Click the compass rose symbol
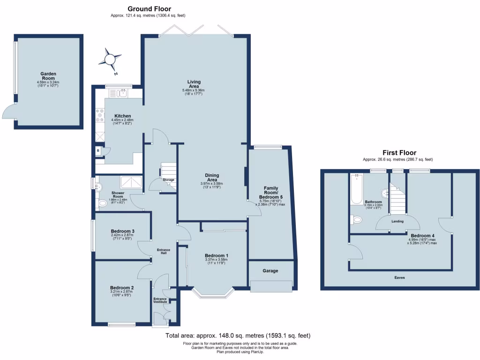(x=111, y=60)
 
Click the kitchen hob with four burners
(x=100, y=116)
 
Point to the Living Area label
(x=194, y=83)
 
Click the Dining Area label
(x=212, y=177)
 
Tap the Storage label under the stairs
(x=168, y=180)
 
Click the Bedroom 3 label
(x=123, y=231)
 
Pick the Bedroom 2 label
(x=122, y=287)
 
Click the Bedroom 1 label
(x=216, y=255)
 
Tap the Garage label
(x=270, y=271)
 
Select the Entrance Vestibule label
(x=160, y=300)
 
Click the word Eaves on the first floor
(x=399, y=278)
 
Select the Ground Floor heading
(x=149, y=8)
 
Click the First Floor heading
(x=399, y=153)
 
